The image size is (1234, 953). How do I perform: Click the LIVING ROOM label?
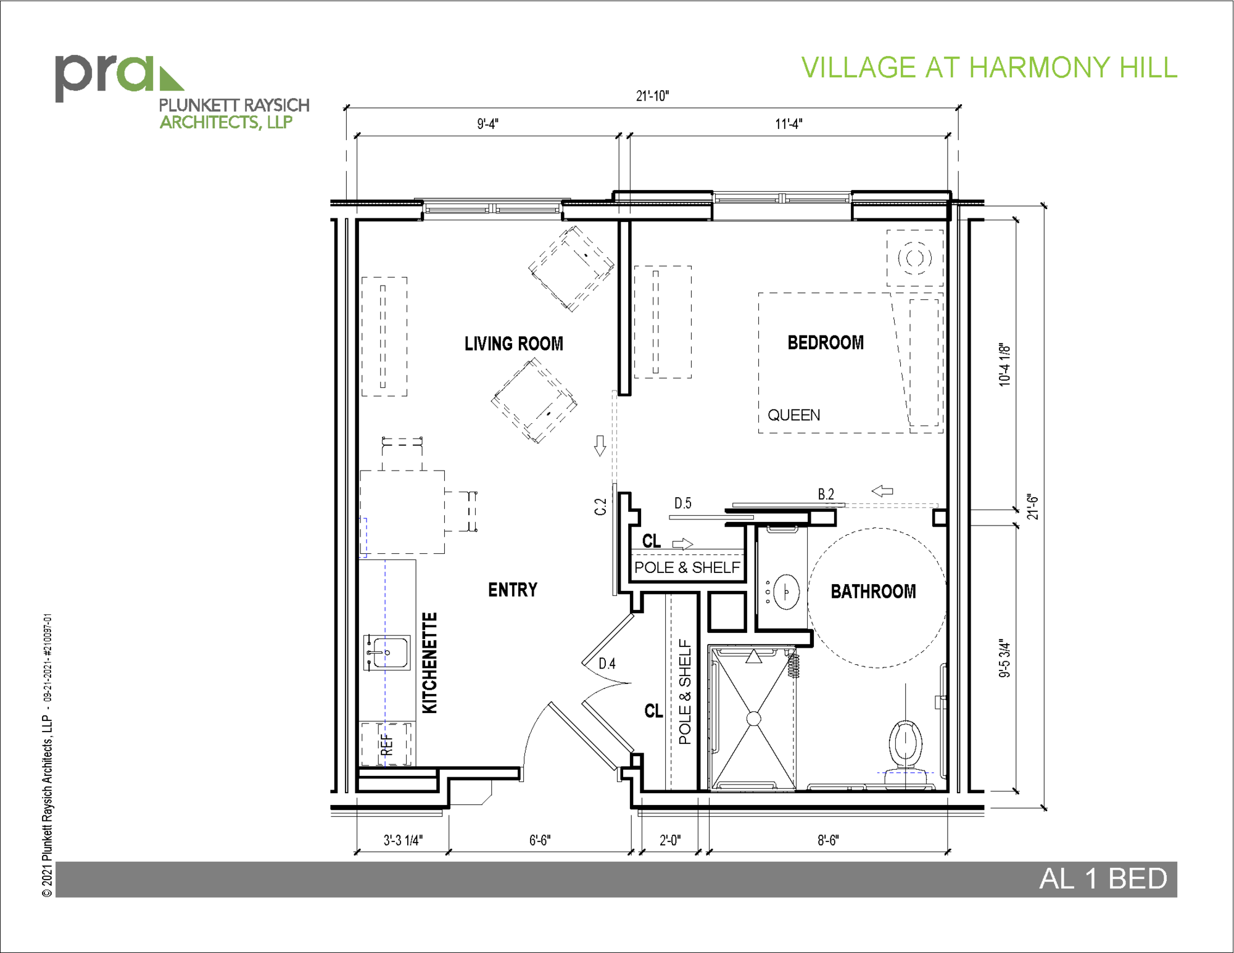(514, 344)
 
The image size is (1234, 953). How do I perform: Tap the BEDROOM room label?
(826, 342)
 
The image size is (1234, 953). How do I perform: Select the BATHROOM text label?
(873, 592)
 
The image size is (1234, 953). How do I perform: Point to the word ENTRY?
(513, 590)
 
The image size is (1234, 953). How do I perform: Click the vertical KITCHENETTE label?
(429, 663)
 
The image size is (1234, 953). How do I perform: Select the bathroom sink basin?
(786, 592)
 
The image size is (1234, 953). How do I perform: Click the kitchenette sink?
(387, 653)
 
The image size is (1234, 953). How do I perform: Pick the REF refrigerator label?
(387, 745)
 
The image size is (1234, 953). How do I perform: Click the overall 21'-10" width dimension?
(652, 96)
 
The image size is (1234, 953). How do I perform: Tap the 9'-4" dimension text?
(487, 124)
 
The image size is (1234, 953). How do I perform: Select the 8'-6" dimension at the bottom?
(828, 840)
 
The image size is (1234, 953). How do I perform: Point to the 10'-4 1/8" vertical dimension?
(1004, 365)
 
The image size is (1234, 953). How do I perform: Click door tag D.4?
(607, 664)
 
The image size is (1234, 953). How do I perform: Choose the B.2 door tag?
(826, 494)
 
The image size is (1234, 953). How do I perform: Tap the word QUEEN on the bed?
(794, 415)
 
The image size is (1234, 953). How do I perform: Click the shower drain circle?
(753, 719)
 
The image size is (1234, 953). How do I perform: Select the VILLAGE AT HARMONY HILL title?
(989, 68)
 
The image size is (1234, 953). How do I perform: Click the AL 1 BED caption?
(1103, 879)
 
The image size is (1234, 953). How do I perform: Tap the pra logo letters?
(105, 77)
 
